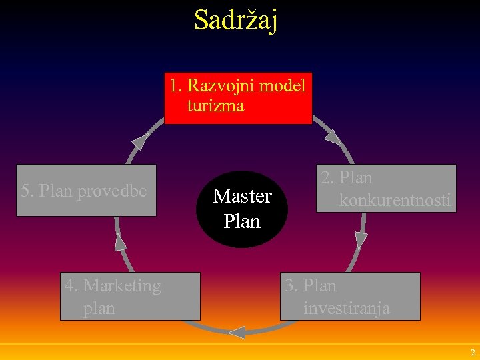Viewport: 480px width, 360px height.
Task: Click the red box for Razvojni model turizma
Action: pos(238,98)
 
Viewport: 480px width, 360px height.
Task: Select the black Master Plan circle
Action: pos(242,208)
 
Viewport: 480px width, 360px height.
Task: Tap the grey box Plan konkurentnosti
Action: pos(386,188)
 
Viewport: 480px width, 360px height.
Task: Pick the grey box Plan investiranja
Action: pos(351,296)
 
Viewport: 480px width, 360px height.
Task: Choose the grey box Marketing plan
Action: pos(130,296)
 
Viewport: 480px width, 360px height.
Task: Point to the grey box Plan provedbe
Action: pos(86,190)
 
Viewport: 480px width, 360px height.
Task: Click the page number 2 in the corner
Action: pos(473,352)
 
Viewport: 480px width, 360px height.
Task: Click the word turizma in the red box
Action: pos(215,106)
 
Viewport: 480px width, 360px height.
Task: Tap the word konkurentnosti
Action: pos(395,199)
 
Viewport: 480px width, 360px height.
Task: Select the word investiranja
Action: pos(346,309)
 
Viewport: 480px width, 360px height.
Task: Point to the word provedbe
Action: pos(112,191)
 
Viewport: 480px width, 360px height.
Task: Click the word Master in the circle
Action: pos(242,197)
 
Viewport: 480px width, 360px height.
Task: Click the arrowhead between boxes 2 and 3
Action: pos(361,240)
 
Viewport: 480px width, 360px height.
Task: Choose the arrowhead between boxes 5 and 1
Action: pos(140,141)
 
